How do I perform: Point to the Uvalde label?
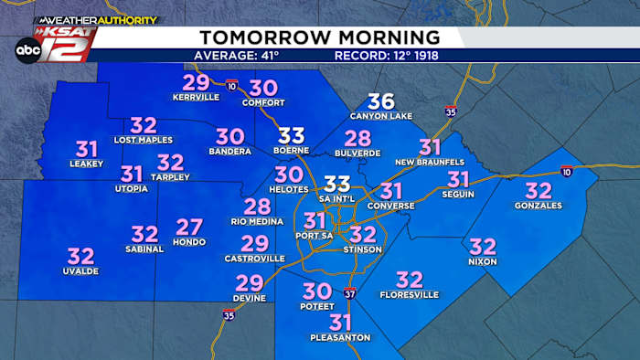pyautogui.click(x=81, y=270)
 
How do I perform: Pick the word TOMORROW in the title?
pyautogui.click(x=258, y=37)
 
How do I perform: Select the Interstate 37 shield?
pyautogui.click(x=350, y=292)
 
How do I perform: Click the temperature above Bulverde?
pyautogui.click(x=357, y=139)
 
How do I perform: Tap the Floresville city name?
pyautogui.click(x=410, y=294)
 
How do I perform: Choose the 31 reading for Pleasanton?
pyautogui.click(x=340, y=323)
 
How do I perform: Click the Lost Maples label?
pyautogui.click(x=144, y=140)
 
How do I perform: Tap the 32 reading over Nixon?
pyautogui.click(x=482, y=247)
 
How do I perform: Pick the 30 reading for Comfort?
pyautogui.click(x=263, y=89)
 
